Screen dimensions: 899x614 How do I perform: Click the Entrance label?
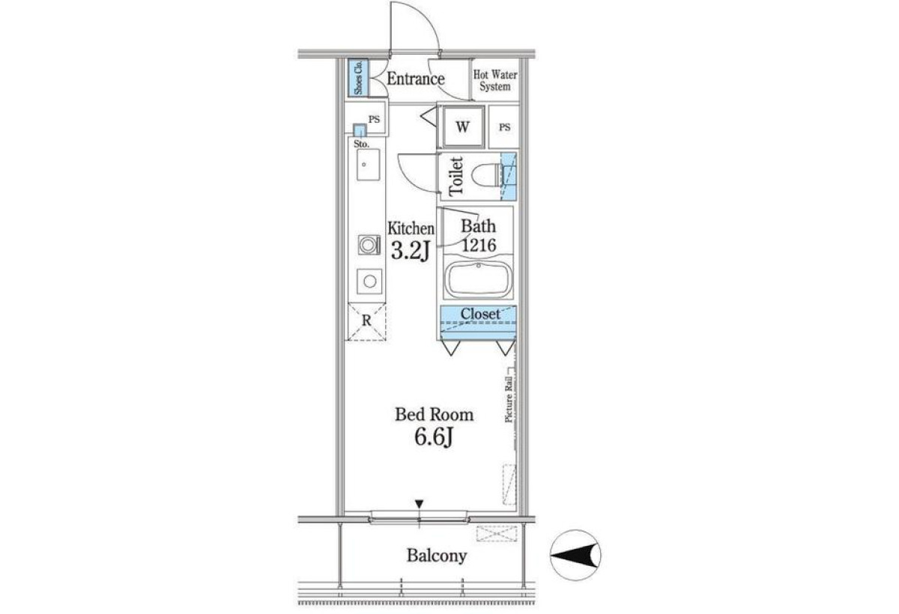click(415, 79)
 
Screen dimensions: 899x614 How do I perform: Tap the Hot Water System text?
click(495, 81)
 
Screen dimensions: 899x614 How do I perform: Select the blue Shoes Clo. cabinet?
click(358, 78)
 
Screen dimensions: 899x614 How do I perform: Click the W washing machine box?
click(462, 127)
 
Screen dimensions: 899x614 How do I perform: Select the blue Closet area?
click(478, 323)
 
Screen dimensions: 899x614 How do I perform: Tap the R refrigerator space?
click(367, 322)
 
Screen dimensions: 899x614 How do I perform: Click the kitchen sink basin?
click(368, 165)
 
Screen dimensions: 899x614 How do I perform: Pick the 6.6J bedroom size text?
click(434, 437)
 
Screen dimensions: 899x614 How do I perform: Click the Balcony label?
click(437, 556)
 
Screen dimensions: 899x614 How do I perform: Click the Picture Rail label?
click(509, 400)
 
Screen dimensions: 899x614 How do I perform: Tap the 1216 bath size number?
click(479, 245)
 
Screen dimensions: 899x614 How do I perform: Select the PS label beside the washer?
click(504, 127)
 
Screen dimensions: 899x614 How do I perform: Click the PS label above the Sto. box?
click(374, 119)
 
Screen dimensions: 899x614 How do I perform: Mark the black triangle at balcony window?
click(420, 504)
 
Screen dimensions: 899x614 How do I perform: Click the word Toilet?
click(456, 177)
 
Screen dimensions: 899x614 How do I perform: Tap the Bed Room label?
click(435, 414)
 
